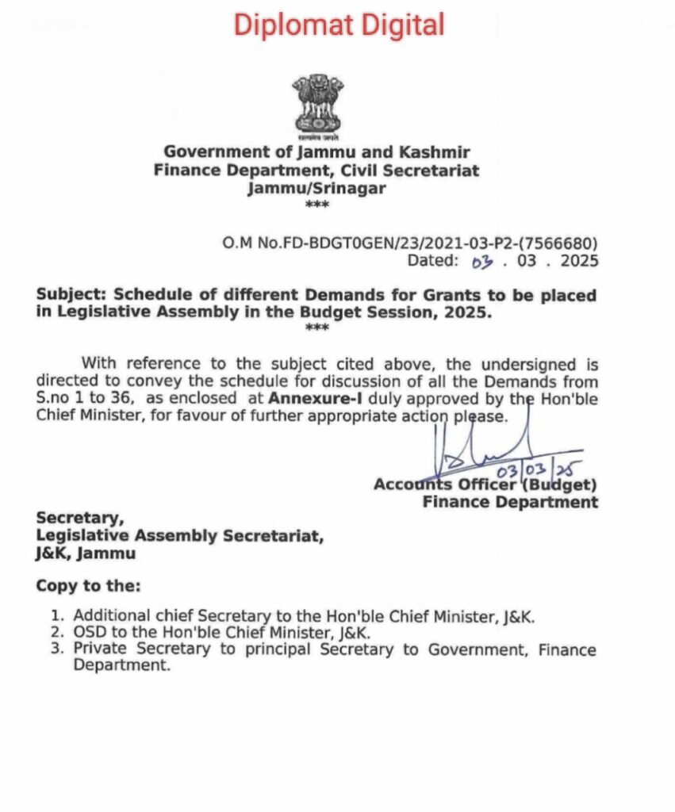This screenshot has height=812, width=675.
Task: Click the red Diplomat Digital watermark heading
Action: pos(339,25)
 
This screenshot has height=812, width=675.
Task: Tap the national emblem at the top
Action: pos(317,105)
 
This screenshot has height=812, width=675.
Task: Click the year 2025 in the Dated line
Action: pos(577,260)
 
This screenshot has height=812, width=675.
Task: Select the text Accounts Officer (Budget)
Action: pos(485,485)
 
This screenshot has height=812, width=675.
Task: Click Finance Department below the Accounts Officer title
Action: pos(510,502)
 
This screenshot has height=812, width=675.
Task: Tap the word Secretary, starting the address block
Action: pos(80,519)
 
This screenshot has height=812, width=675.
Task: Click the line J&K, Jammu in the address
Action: pos(86,553)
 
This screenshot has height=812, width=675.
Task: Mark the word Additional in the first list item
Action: pos(108,615)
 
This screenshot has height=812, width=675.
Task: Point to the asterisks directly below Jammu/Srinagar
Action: pos(316,205)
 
